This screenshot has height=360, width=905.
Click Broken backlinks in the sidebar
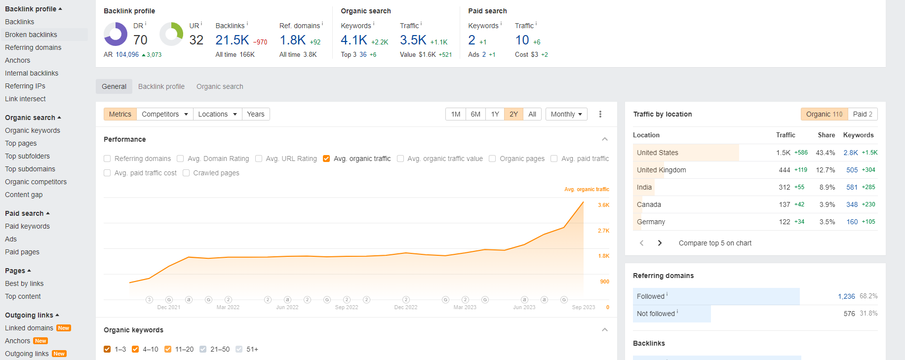[31, 35]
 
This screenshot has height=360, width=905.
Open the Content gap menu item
[24, 195]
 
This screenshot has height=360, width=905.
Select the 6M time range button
[475, 114]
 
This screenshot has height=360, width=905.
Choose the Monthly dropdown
[566, 114]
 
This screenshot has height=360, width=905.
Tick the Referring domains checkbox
[107, 159]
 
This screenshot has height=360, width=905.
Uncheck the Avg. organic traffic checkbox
[326, 159]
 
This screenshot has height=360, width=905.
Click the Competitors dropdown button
[165, 114]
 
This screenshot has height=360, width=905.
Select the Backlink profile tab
[161, 86]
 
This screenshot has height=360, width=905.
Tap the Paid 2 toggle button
[863, 114]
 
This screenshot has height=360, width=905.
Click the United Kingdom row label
[661, 170]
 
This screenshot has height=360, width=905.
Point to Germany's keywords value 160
[852, 222]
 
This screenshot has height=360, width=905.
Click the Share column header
[826, 135]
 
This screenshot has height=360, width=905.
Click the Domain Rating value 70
[140, 40]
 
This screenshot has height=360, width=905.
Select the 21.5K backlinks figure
[232, 40]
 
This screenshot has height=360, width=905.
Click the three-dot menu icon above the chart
[600, 114]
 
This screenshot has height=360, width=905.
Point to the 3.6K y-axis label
[603, 205]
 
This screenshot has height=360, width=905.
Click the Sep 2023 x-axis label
[583, 307]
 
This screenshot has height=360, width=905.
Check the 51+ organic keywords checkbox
[239, 349]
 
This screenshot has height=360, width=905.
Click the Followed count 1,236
[846, 296]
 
